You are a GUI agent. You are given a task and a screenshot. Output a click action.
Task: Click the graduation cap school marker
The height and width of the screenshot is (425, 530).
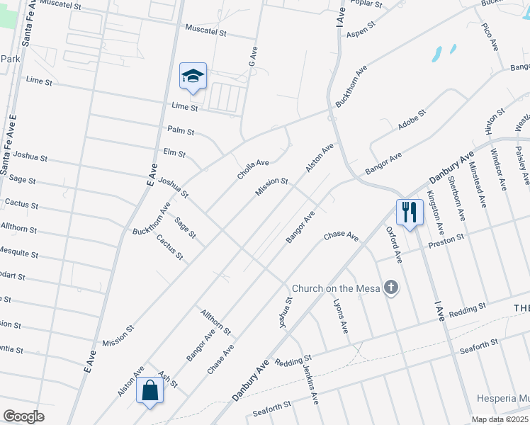[x=192, y=76]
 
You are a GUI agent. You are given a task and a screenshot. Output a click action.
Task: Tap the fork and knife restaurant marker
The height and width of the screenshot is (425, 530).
[x=410, y=211]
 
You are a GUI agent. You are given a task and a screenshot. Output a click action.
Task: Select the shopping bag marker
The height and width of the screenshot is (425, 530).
[x=150, y=390]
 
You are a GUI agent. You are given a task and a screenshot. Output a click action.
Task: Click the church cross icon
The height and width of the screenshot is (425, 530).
[x=390, y=288]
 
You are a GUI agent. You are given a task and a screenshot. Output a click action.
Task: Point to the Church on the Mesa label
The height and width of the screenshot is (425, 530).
[x=336, y=288]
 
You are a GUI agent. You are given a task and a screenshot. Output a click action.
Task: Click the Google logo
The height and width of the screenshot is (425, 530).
[x=23, y=416]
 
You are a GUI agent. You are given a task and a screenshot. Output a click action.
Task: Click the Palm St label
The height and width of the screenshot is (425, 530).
[x=181, y=130]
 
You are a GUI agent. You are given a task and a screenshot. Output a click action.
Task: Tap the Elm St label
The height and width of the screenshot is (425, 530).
[x=174, y=152]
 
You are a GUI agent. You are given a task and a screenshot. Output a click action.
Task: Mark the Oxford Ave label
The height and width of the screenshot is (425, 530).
[x=393, y=245]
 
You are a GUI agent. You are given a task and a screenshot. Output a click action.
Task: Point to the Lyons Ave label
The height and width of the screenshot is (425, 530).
[x=341, y=316]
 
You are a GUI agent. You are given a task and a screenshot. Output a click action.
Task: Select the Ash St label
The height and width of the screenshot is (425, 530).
[x=167, y=379]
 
